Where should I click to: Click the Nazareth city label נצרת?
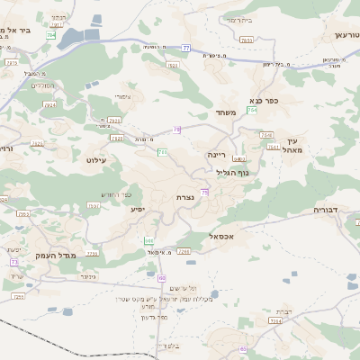187,196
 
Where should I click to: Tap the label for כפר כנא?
269,101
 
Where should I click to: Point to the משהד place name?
226,112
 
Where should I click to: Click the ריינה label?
220,154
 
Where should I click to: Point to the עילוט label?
95,159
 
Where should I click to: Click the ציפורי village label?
122,96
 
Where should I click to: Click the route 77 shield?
186,47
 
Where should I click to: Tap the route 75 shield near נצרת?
205,192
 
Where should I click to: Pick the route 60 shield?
161,278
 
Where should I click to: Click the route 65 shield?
243,348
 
